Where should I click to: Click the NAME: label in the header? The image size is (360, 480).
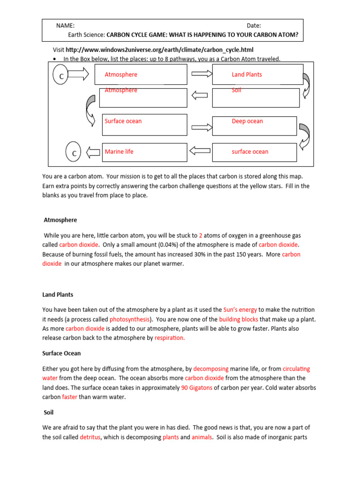click(x=65, y=26)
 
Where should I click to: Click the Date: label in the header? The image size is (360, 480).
click(x=254, y=26)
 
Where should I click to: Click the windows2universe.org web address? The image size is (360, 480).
click(x=162, y=50)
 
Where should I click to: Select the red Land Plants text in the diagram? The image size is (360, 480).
click(x=247, y=75)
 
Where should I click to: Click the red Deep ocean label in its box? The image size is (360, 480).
click(x=247, y=121)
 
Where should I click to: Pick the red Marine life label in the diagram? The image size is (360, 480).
click(x=119, y=152)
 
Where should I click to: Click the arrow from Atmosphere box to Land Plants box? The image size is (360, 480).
click(x=199, y=74)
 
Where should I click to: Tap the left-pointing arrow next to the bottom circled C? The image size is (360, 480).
click(x=93, y=152)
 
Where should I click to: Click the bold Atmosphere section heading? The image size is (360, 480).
click(x=60, y=220)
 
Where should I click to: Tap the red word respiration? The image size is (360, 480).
click(x=170, y=337)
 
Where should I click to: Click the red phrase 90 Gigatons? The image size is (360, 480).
click(x=196, y=388)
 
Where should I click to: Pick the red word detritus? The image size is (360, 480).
click(x=90, y=437)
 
